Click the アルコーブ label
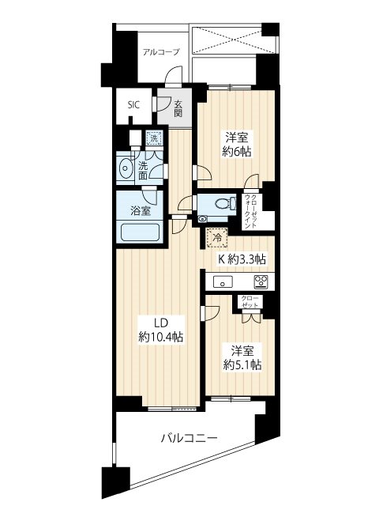point(161,52)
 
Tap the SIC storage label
point(133,104)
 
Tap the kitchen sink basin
point(223,282)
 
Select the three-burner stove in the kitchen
point(261,281)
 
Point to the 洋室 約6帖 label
point(235,142)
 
